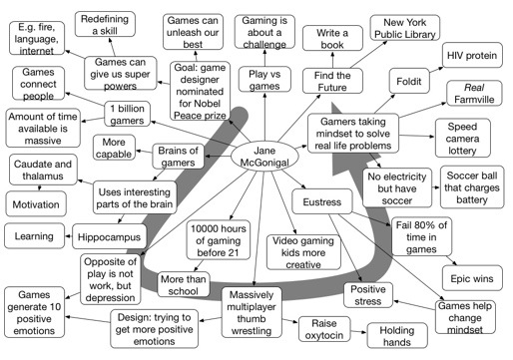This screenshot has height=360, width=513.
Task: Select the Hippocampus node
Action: tap(110, 236)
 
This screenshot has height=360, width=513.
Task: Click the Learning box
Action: tap(34, 236)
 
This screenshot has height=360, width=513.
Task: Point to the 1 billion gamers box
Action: tap(137, 115)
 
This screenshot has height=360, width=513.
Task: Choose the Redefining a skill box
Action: tap(110, 25)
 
